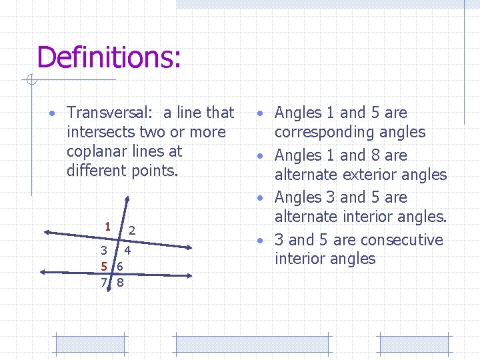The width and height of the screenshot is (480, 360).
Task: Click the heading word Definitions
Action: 108,57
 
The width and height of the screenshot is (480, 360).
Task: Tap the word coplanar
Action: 98,151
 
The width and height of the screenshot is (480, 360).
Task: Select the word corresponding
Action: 350,132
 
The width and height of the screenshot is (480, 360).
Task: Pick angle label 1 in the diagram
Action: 107,225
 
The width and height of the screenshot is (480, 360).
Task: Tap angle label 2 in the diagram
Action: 133,231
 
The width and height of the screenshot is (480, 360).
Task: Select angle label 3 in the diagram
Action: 103,251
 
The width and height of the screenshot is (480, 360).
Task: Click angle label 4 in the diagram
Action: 127,252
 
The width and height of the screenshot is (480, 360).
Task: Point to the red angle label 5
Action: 104,267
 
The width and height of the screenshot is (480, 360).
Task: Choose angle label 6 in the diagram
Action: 119,267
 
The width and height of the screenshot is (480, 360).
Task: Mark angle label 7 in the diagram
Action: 103,282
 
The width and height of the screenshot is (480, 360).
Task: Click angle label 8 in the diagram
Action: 120,282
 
